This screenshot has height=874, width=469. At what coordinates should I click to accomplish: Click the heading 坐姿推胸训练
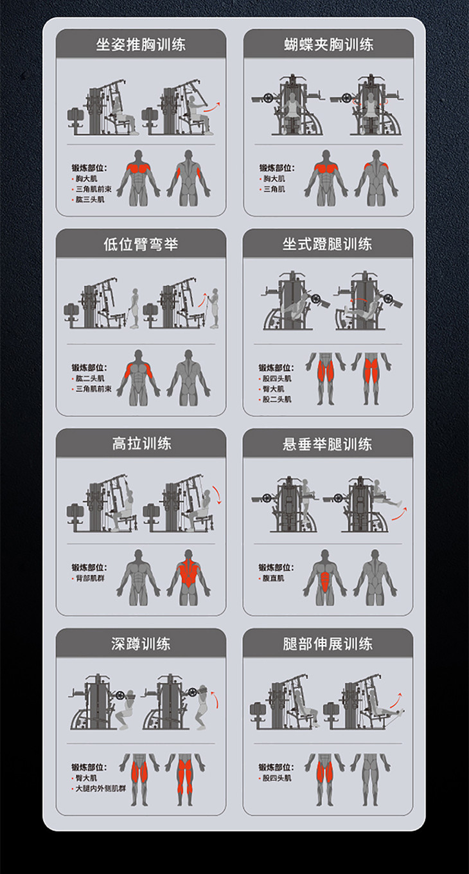click(x=141, y=44)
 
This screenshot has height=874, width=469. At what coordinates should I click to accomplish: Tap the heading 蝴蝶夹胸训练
click(x=329, y=44)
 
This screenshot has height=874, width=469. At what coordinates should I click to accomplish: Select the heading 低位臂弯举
click(x=141, y=244)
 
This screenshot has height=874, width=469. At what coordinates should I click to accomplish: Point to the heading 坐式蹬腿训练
click(x=328, y=244)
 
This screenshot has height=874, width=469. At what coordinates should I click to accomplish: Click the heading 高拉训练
click(x=141, y=444)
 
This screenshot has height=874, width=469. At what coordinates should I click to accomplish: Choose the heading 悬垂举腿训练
click(x=328, y=444)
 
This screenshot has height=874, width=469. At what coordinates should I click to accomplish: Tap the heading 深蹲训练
click(x=141, y=644)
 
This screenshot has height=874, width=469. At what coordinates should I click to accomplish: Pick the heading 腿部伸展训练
click(x=328, y=644)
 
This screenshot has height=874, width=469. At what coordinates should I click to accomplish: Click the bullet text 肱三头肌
click(x=90, y=199)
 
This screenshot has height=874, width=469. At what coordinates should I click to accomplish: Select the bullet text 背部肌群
click(x=90, y=578)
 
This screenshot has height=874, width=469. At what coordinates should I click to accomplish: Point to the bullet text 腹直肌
click(x=273, y=578)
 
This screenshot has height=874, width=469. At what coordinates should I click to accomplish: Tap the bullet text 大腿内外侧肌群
click(x=101, y=788)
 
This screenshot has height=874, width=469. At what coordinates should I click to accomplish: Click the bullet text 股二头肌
click(x=277, y=399)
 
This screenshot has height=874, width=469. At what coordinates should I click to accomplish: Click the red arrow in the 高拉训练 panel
click(x=217, y=495)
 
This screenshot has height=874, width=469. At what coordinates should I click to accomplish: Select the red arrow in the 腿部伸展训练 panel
click(x=396, y=700)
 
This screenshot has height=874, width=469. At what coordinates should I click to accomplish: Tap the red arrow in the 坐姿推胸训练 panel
click(x=212, y=107)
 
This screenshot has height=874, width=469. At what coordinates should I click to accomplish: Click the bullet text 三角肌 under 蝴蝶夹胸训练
click(x=274, y=189)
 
